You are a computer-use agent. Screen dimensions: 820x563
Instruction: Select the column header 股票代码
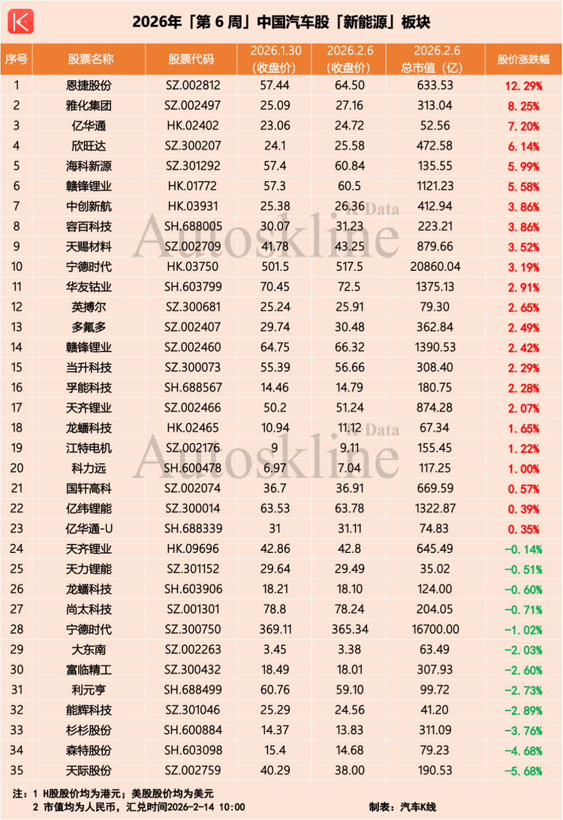point(191,59)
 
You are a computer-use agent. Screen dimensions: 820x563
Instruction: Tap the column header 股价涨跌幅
point(522,59)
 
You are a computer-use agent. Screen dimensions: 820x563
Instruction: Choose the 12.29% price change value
point(522,85)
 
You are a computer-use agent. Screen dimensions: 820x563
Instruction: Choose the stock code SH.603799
point(191,306)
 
